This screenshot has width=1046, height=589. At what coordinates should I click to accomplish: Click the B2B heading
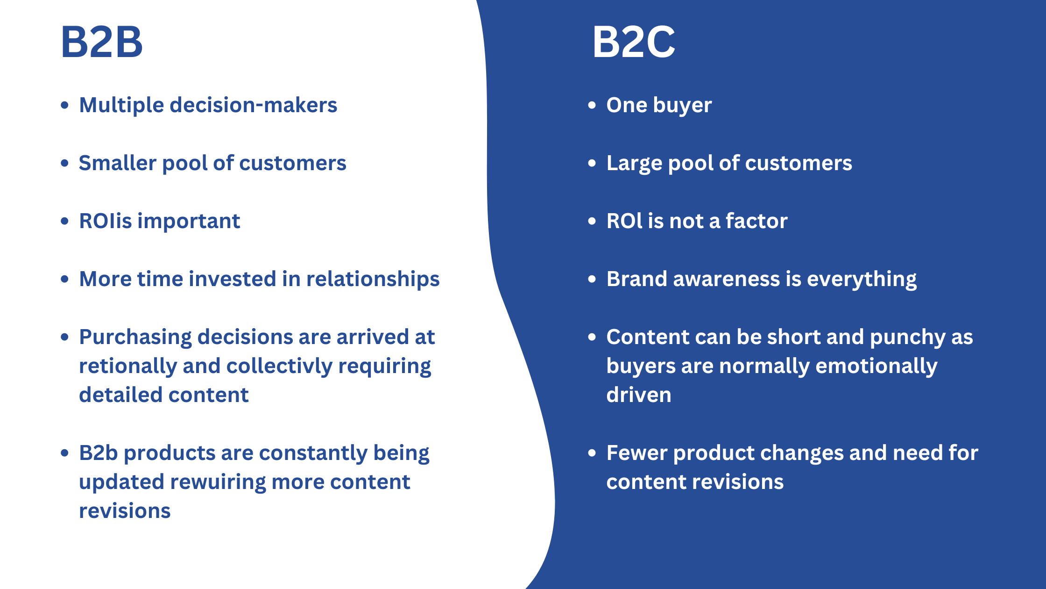[102, 42]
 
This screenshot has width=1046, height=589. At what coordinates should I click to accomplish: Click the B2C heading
[634, 42]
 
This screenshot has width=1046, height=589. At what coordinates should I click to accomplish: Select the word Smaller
[117, 163]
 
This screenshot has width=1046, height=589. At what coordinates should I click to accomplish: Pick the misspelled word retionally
[127, 366]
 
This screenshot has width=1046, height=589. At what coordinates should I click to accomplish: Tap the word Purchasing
[135, 337]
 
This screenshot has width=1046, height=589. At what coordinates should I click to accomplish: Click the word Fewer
[636, 453]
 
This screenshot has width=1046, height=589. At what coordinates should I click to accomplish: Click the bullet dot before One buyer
[592, 105]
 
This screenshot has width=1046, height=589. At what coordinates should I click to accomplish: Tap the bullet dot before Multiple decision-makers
[65, 105]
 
